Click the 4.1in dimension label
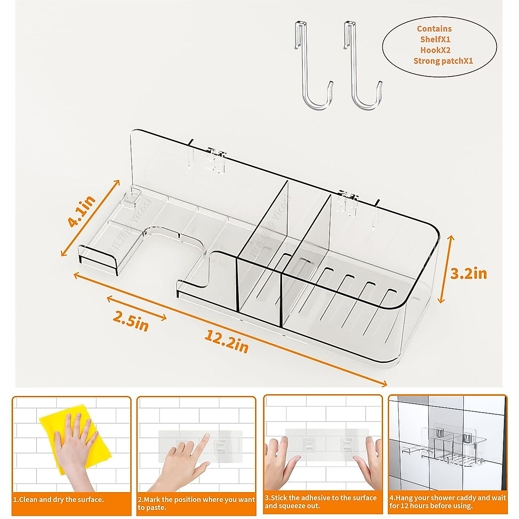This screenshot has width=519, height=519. (x=82, y=211)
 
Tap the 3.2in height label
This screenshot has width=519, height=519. (x=469, y=273)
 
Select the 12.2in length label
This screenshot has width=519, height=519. (x=227, y=341)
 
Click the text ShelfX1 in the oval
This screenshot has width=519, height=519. (x=435, y=39)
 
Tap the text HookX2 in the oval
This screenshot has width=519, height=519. (x=435, y=50)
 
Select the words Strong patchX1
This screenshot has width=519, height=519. (x=443, y=61)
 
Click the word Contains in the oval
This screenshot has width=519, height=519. (x=434, y=29)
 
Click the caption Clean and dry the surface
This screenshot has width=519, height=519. (x=59, y=500)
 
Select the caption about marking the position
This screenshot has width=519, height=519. (x=196, y=503)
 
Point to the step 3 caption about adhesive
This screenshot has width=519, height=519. (x=320, y=502)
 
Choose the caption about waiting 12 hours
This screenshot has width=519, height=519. (x=447, y=502)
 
